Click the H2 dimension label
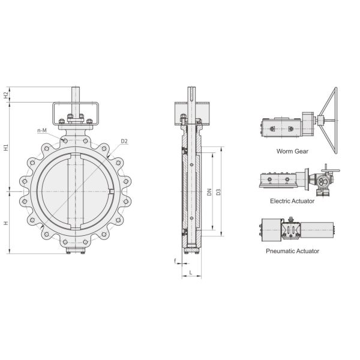(6, 95)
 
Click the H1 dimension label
(6, 146)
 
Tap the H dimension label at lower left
(6, 223)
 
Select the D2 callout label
(124, 142)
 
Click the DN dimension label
(208, 192)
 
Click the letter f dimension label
(175, 262)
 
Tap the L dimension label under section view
(190, 273)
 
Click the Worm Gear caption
(292, 151)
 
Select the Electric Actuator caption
(292, 201)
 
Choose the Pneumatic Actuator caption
(292, 251)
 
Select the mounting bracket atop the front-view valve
(76, 113)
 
